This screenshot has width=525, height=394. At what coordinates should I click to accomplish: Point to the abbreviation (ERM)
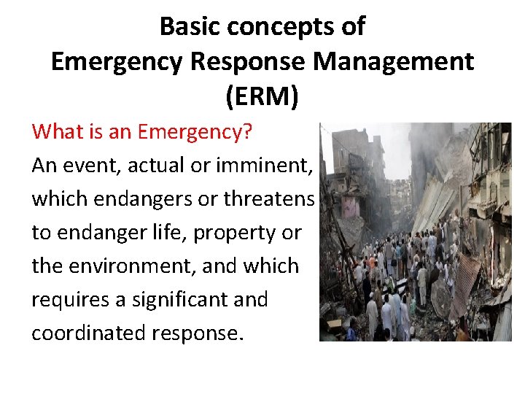262,96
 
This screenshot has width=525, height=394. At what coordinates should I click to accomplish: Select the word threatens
269,199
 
